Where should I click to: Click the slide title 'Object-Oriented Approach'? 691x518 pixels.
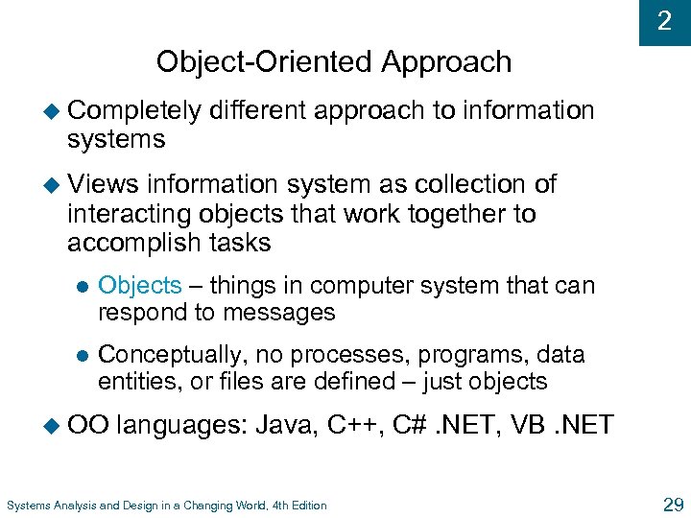(x=334, y=62)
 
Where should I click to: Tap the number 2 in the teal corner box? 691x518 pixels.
(x=664, y=20)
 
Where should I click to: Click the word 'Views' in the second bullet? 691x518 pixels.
(x=103, y=184)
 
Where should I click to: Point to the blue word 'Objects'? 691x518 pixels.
(x=139, y=285)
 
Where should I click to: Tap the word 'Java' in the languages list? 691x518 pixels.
(x=284, y=425)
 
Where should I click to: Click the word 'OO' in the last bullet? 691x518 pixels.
(x=88, y=425)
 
